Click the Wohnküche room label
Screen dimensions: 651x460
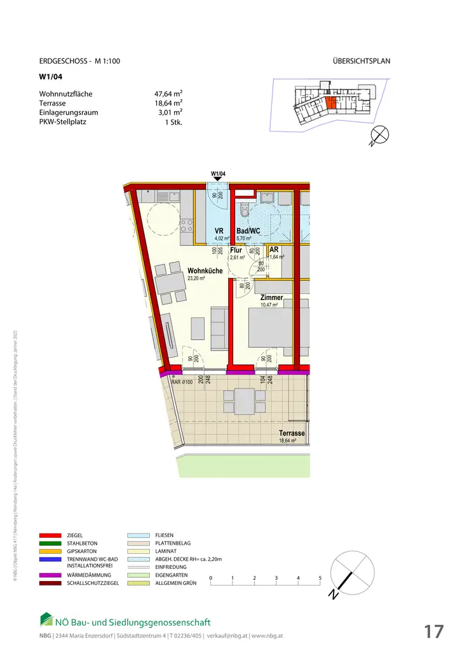point(205,271)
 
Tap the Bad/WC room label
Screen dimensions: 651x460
point(247,231)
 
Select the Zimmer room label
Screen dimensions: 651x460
point(271,298)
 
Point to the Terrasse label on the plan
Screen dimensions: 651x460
point(292,434)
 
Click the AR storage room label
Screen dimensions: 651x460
point(274,250)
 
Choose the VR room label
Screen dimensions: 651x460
point(219,231)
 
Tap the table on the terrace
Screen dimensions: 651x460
point(244,401)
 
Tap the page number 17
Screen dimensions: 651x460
point(433,631)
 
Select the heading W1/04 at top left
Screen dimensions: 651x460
point(48,78)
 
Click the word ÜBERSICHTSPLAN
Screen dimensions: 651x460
point(361,62)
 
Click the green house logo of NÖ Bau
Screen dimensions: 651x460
point(46,619)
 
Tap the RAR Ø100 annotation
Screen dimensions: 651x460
point(182,382)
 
